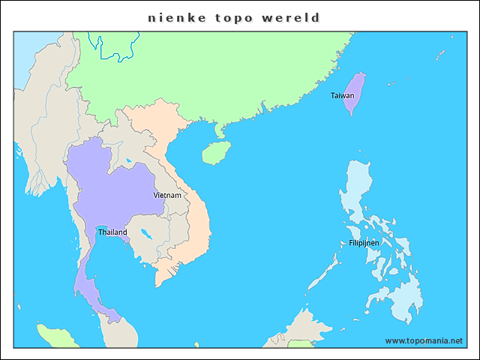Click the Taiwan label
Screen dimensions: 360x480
342,95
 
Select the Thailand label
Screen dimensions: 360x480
112,232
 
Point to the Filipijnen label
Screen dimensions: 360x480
364,243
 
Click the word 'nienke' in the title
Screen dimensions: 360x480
171,17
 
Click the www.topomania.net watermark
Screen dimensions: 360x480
424,340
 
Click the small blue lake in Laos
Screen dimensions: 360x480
129,160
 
